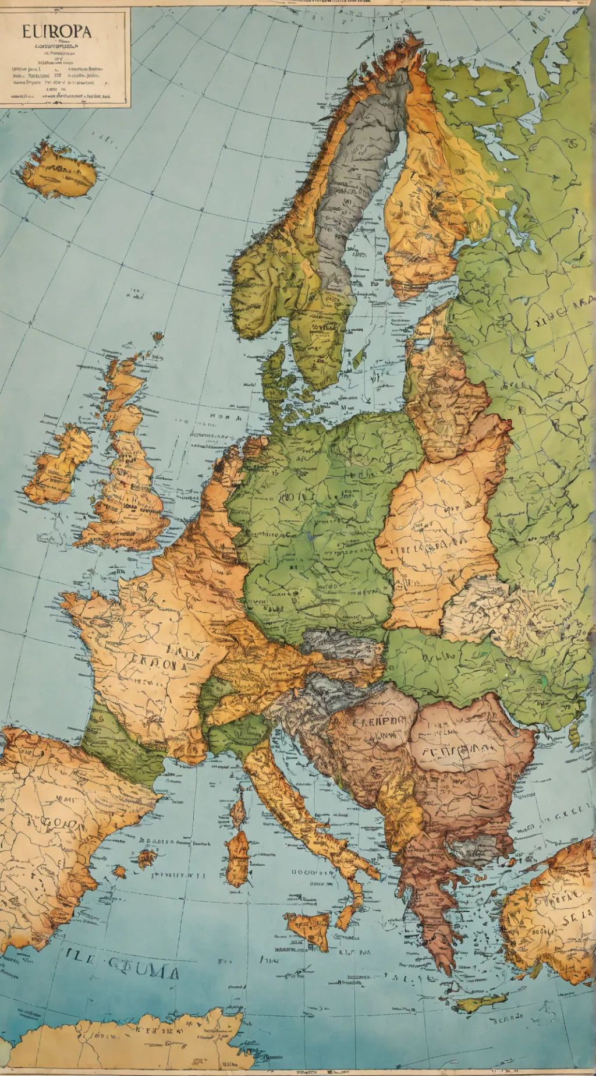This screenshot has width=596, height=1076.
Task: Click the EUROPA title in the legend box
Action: pos(56,31)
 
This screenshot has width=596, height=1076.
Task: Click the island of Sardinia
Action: pos(237,859)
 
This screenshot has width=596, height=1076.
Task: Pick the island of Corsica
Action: pos(238,812)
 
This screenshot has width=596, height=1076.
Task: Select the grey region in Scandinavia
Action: pos(355,175)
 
